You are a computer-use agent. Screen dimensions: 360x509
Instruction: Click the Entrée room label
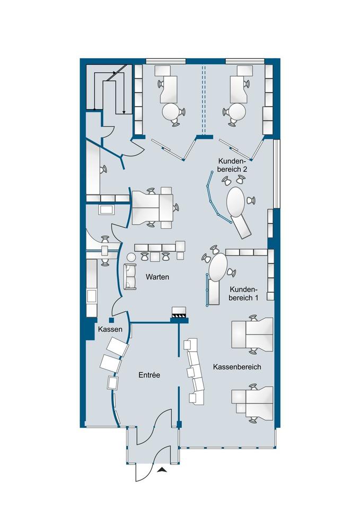tap(150, 375)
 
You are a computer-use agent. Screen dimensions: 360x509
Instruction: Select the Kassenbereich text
tap(237, 367)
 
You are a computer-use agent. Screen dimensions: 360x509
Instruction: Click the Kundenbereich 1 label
tap(243, 294)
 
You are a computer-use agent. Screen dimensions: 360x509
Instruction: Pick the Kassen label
tap(110, 329)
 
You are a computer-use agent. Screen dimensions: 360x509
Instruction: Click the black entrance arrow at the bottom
tap(162, 470)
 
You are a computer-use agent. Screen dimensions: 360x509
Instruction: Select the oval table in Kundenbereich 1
tap(217, 268)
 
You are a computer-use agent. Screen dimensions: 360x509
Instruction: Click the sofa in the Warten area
tap(130, 276)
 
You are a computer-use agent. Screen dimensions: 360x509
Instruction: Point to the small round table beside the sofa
tap(131, 257)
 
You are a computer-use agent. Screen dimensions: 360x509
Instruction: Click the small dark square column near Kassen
tap(111, 320)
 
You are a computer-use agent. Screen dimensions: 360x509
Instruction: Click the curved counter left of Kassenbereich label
tap(195, 371)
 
